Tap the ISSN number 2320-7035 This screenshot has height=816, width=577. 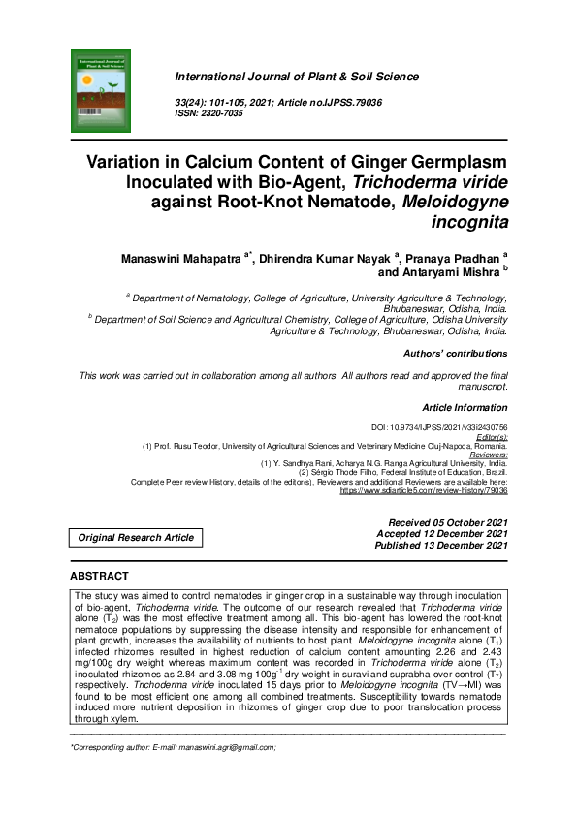tap(222, 113)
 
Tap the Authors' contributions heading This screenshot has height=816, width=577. tap(455, 354)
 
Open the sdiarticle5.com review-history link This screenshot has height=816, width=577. tap(423, 491)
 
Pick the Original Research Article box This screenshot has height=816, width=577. tap(136, 538)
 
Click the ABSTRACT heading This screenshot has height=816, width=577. tap(99, 576)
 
